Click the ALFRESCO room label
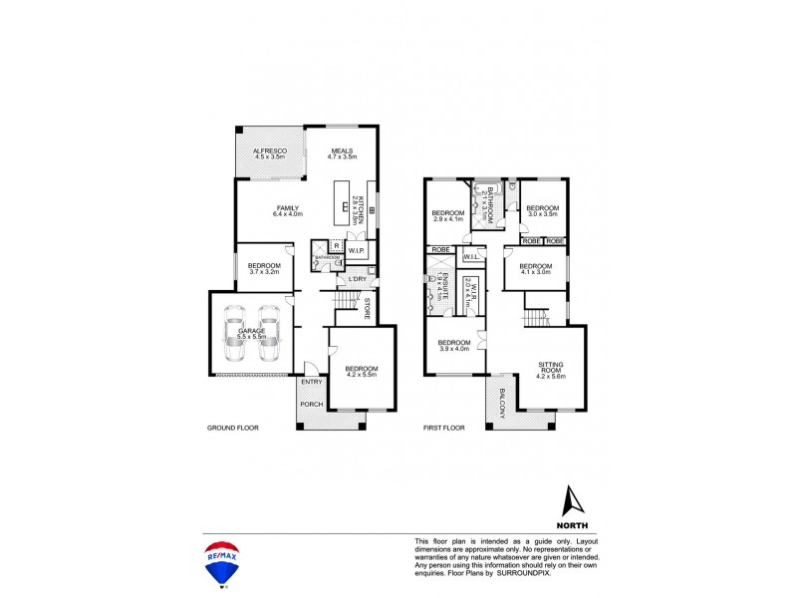click(270, 149)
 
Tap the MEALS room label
click(342, 149)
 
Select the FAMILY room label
click(289, 207)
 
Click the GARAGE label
click(249, 330)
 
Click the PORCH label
click(312, 404)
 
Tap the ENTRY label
click(312, 382)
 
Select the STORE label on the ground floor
click(367, 307)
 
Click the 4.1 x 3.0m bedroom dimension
click(536, 273)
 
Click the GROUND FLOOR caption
click(233, 428)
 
